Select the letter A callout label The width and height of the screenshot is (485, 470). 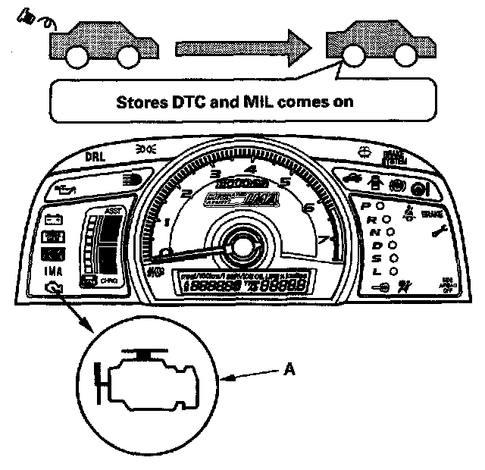pyautogui.click(x=289, y=369)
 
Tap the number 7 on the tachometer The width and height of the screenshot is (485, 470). pyautogui.click(x=324, y=240)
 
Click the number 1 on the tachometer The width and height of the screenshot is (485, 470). pyautogui.click(x=167, y=222)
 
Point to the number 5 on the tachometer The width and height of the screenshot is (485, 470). pyautogui.click(x=285, y=182)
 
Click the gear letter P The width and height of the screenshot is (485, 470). pyautogui.click(x=365, y=205)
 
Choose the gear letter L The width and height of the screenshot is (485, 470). pyautogui.click(x=374, y=271)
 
